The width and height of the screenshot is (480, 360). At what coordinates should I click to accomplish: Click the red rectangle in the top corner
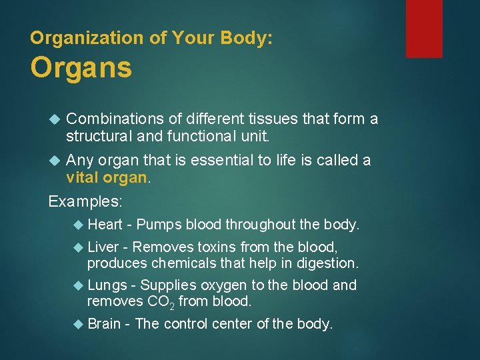pos(424,28)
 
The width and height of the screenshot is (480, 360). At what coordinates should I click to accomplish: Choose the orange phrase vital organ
pos(106,178)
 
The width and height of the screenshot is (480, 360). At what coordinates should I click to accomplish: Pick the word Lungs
pos(107,285)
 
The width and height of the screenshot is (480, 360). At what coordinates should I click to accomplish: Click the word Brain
pos(105,324)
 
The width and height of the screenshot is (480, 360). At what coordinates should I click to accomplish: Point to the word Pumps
pos(159,225)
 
